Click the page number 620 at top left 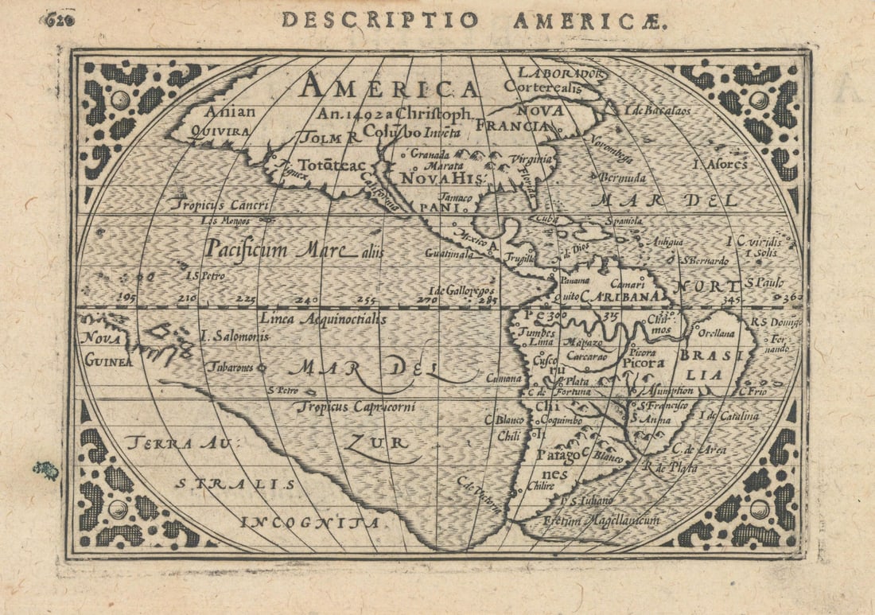(58, 19)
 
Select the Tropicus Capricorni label (356, 407)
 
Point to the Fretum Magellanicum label (601, 520)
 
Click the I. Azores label (721, 165)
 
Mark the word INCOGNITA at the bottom (310, 523)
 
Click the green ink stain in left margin (46, 470)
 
